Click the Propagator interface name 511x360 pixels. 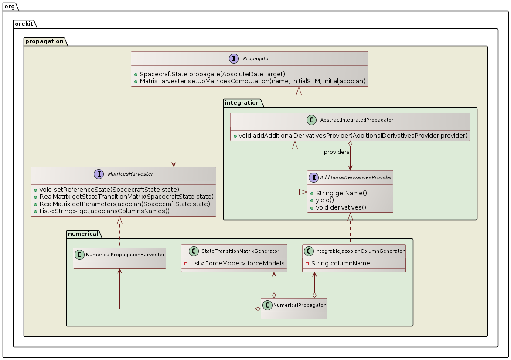click(256, 58)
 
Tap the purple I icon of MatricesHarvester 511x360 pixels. click(98, 174)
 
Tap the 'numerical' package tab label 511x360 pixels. click(83, 234)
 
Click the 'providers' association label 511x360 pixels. click(337, 152)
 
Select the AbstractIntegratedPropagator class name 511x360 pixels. click(357, 120)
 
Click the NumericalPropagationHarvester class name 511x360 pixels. click(125, 255)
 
